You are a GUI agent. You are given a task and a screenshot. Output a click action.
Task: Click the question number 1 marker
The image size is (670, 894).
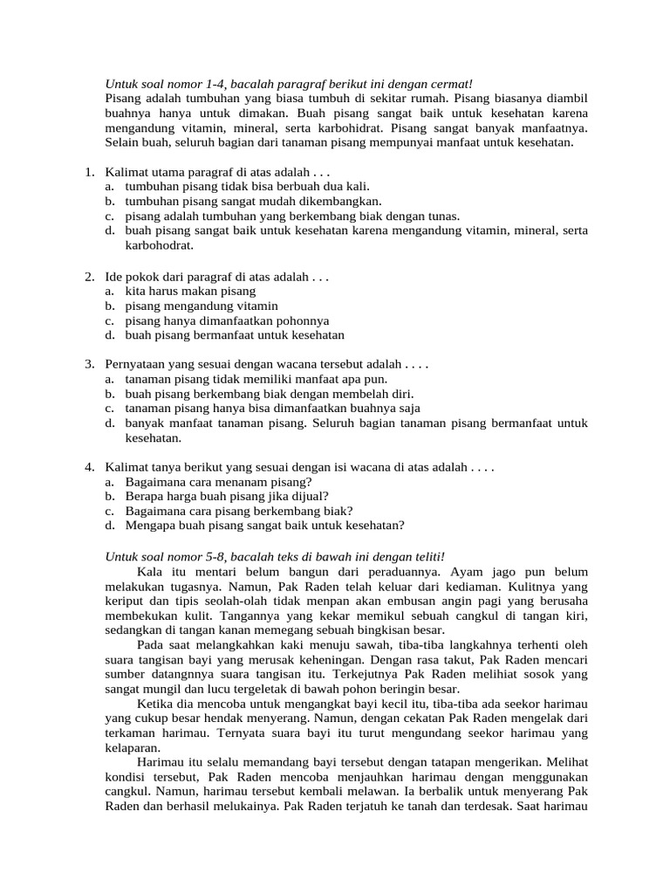(89, 172)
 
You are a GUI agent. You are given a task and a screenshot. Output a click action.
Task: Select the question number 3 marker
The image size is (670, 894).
(89, 364)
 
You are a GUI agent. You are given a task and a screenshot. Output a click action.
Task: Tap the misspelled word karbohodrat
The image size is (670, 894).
(156, 245)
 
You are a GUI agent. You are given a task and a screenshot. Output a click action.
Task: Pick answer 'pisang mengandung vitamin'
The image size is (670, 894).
(202, 306)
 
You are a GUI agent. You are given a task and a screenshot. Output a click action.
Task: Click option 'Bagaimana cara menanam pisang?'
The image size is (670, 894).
(218, 481)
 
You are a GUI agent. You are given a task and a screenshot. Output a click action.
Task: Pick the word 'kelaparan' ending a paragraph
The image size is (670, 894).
(132, 748)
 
